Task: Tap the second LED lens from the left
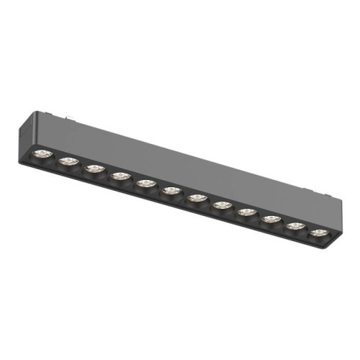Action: click(x=68, y=161)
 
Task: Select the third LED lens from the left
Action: click(x=93, y=169)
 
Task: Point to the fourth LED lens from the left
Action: click(x=119, y=176)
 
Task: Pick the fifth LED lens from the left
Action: click(x=145, y=184)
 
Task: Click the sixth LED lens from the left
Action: click(x=171, y=191)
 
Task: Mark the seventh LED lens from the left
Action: click(x=196, y=198)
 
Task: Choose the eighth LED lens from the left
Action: click(x=221, y=205)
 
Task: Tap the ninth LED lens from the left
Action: click(x=246, y=212)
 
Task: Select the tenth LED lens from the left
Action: click(x=271, y=219)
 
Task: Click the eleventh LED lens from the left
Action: click(x=294, y=225)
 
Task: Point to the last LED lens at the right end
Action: click(x=318, y=233)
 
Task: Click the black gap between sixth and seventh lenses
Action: click(x=184, y=194)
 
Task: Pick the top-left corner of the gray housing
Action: click(x=32, y=113)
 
